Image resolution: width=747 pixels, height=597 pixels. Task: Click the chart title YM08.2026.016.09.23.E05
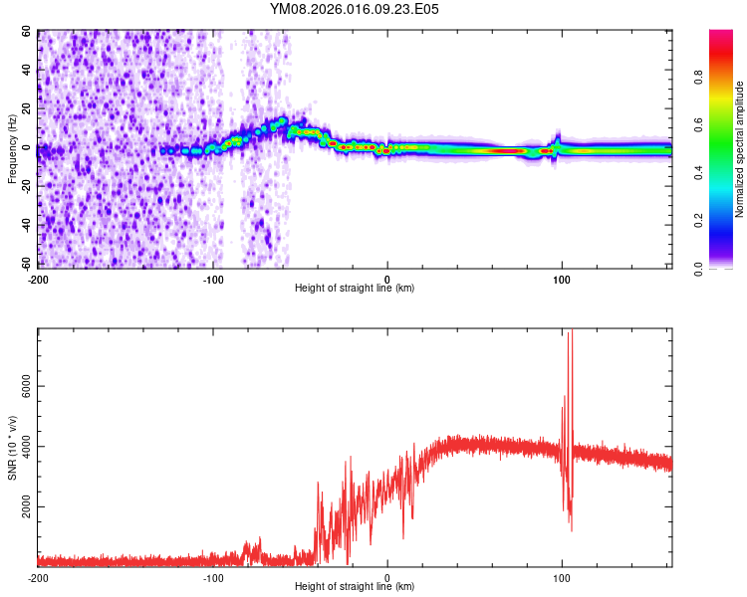(x=355, y=9)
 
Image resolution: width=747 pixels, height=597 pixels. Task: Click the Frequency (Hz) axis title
(x=12, y=148)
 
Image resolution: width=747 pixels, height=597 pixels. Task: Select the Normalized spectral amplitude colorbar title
(x=740, y=149)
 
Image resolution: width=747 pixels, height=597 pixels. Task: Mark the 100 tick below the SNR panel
(x=562, y=577)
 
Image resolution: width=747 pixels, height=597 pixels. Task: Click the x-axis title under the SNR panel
(x=355, y=587)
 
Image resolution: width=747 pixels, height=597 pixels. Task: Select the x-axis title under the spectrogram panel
(x=355, y=289)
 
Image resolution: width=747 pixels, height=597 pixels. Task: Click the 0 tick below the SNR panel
(x=387, y=577)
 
